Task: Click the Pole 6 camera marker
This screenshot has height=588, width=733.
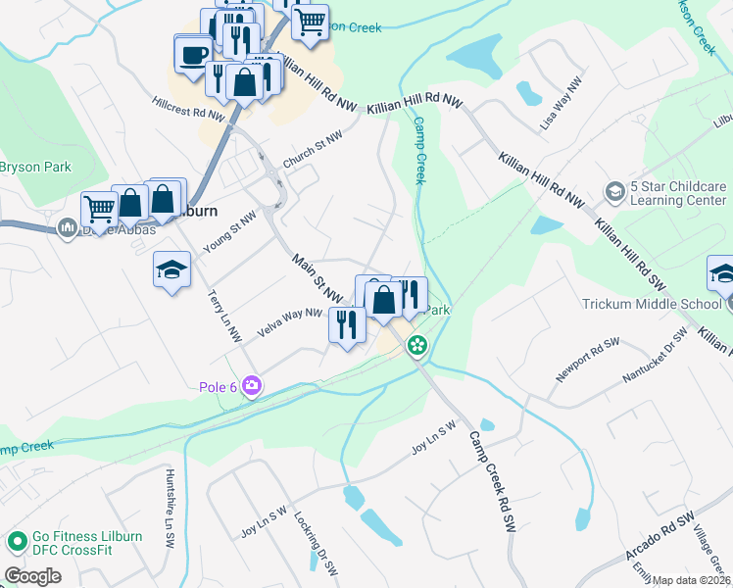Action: point(252,386)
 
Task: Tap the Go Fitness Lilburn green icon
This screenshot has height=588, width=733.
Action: point(17,541)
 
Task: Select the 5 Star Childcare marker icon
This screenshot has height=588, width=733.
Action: point(615,189)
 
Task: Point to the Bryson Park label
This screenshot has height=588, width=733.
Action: point(35,167)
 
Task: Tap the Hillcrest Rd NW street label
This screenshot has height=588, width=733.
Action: point(189,108)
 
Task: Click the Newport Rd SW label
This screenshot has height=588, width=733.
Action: point(588,360)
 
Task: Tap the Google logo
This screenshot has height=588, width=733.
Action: point(32,576)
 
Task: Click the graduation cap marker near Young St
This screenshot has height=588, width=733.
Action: point(171,270)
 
